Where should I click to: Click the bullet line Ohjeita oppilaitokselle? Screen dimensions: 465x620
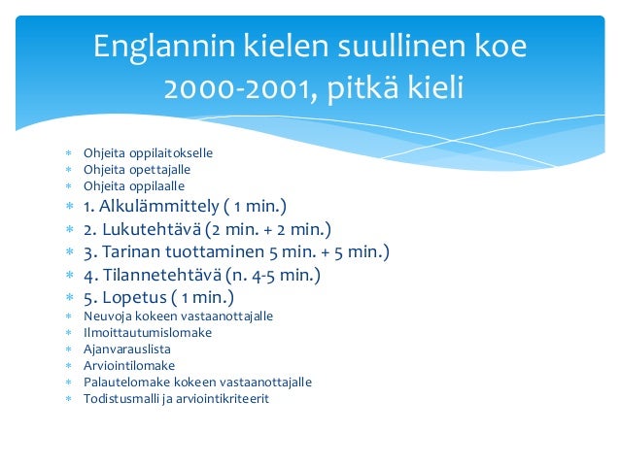[148, 153]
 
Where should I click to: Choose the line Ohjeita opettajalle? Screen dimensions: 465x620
[136, 169]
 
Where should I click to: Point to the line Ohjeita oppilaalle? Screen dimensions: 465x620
[133, 185]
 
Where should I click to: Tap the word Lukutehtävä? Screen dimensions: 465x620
[152, 229]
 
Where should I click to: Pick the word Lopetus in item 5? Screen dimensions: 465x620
[133, 297]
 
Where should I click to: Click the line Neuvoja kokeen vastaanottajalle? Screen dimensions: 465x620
[178, 316]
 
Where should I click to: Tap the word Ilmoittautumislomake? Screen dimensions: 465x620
[147, 333]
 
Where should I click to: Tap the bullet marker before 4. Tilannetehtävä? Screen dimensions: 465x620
[68, 276]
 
